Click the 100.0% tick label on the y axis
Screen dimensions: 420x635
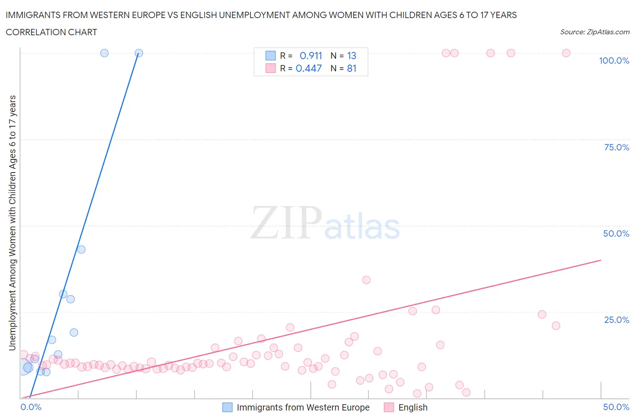(614, 61)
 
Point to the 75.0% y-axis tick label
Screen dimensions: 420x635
(616, 147)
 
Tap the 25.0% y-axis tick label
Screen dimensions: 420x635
(616, 320)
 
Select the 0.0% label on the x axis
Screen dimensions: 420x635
(31, 407)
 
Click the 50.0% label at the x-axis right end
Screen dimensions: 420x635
(616, 407)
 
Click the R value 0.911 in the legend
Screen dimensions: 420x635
(311, 56)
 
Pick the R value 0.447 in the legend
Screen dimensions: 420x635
(308, 68)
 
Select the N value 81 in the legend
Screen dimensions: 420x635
(352, 68)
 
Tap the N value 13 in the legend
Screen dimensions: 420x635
(352, 56)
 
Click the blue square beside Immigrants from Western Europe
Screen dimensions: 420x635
(228, 407)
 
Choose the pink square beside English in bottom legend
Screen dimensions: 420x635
(389, 407)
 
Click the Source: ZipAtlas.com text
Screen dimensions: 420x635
(594, 32)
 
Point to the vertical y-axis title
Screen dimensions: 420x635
(12, 223)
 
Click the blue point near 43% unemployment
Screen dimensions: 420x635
(81, 249)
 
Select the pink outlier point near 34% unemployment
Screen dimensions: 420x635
(366, 280)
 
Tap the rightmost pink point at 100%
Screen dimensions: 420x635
(566, 53)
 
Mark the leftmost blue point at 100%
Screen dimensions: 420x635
(104, 53)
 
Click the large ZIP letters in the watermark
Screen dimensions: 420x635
(286, 223)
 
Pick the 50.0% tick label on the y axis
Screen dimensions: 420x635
(616, 233)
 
